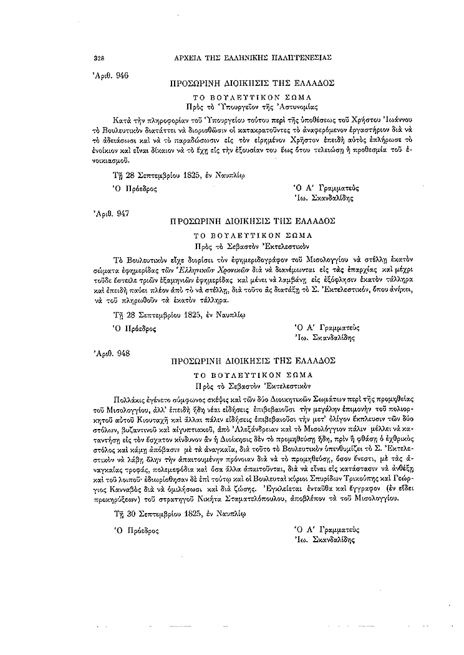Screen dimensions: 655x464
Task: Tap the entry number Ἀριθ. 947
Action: click(110, 213)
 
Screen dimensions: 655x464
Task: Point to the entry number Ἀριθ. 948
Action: click(110, 352)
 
